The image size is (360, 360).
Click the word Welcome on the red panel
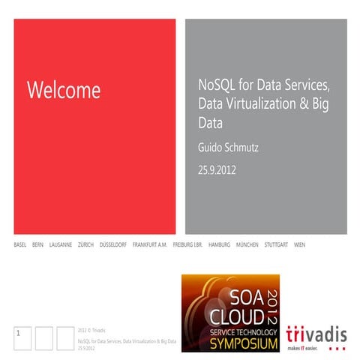(63, 91)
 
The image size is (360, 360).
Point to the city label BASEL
(20, 245)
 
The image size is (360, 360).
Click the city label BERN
(37, 245)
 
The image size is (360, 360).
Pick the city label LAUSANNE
(60, 245)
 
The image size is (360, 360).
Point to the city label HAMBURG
(219, 245)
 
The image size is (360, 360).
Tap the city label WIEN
(299, 245)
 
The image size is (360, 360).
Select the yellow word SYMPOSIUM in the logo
(229, 342)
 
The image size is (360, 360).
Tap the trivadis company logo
(316, 334)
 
